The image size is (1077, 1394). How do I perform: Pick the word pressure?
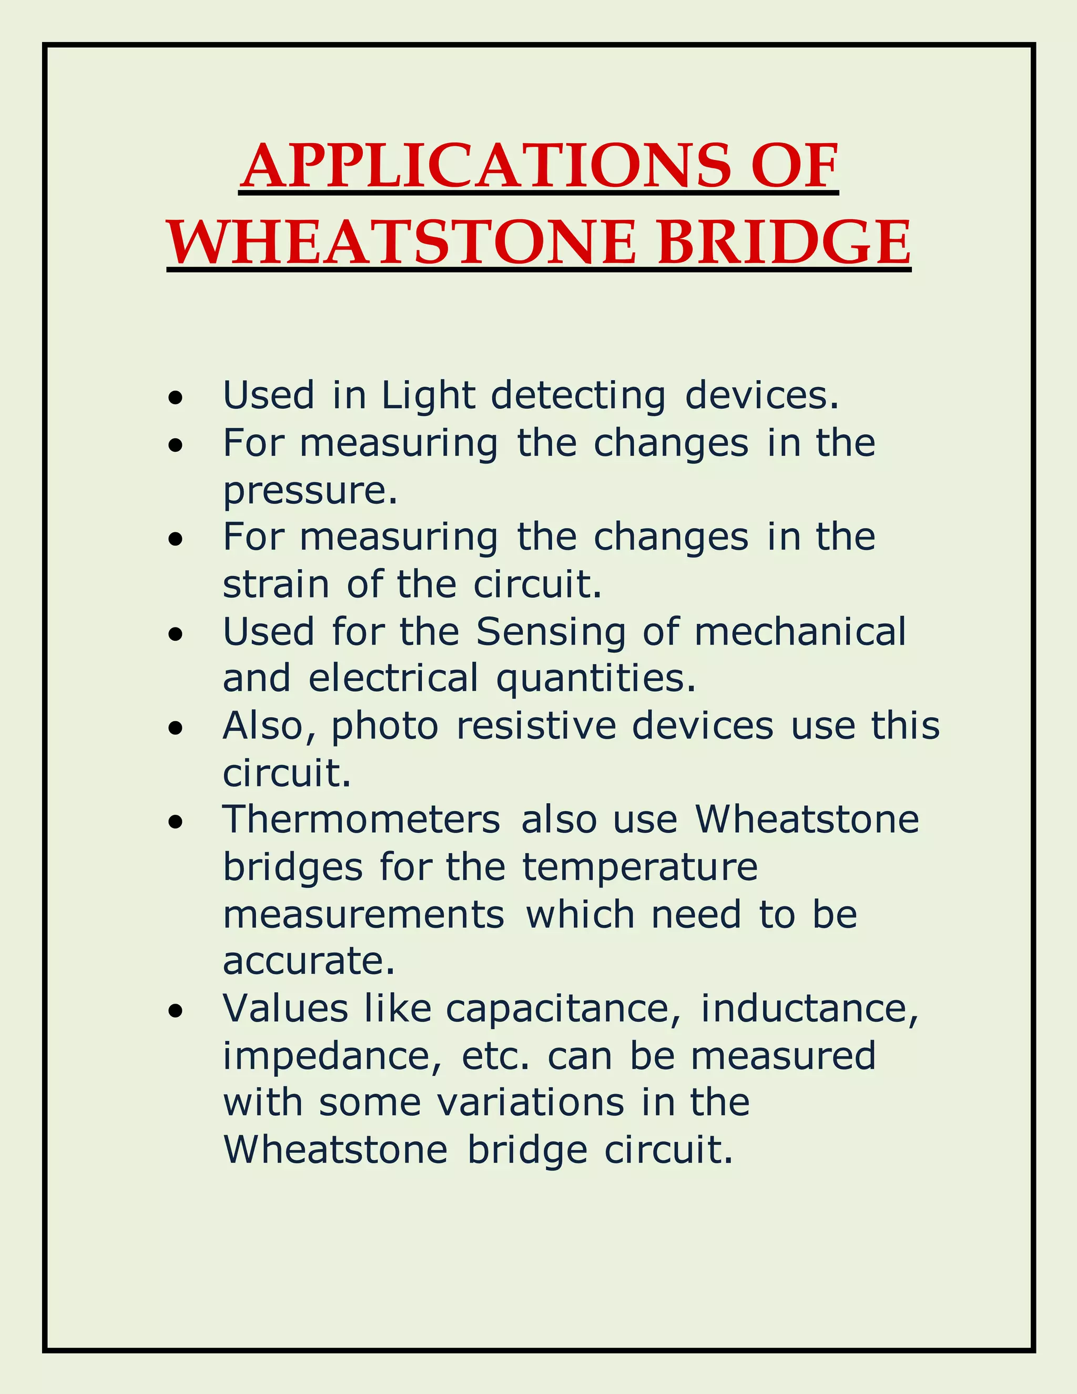309,491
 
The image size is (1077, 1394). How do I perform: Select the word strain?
276,584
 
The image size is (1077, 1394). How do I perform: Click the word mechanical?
800,632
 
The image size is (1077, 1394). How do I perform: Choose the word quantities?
596,679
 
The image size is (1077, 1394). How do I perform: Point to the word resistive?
536,726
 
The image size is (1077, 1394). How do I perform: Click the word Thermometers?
361,820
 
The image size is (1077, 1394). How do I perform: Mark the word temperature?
640,868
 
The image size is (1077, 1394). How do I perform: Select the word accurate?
309,961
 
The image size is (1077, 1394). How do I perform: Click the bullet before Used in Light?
176,398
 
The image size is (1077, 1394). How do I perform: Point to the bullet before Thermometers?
176,822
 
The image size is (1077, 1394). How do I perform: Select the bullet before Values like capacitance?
176,1011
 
